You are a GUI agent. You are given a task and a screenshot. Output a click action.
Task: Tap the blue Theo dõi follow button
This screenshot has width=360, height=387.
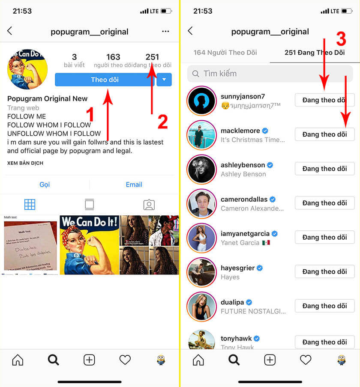pyautogui.click(x=105, y=80)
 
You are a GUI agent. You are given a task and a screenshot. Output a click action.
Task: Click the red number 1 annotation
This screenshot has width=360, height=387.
pyautogui.click(x=90, y=116)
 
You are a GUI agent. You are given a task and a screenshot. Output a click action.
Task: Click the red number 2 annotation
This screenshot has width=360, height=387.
pyautogui.click(x=162, y=122)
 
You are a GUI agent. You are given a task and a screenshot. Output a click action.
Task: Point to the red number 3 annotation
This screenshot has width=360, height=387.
pyautogui.click(x=341, y=39)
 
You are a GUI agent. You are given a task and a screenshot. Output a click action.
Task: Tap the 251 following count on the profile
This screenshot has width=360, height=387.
pyautogui.click(x=152, y=57)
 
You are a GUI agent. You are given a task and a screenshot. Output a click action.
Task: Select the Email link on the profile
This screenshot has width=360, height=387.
pyautogui.click(x=134, y=185)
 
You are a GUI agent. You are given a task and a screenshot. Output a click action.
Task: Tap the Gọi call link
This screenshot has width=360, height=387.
pyautogui.click(x=45, y=185)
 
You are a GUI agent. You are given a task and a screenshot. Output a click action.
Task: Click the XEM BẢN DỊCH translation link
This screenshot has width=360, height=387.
pyautogui.click(x=25, y=163)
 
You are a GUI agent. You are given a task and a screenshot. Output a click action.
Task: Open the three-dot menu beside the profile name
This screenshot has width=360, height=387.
pyautogui.click(x=165, y=31)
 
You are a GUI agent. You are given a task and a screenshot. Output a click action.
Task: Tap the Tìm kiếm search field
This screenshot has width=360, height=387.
pyautogui.click(x=270, y=74)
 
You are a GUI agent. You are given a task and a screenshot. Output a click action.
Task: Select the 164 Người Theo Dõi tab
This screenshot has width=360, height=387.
pyautogui.click(x=225, y=53)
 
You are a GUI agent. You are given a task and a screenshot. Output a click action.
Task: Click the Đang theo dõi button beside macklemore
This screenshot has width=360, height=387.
pyautogui.click(x=324, y=134)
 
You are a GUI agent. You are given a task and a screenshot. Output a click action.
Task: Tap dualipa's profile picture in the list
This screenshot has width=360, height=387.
pyautogui.click(x=201, y=306)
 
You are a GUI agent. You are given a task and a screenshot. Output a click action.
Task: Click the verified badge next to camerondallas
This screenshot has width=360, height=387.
pyautogui.click(x=273, y=199)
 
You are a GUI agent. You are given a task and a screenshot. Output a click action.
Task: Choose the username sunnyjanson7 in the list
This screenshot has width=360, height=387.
pyautogui.click(x=243, y=96)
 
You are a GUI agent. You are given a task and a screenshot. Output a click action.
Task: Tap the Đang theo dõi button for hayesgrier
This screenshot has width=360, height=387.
pyautogui.click(x=324, y=271)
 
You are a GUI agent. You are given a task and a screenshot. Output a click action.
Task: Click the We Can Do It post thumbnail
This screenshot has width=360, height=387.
pyautogui.click(x=89, y=244)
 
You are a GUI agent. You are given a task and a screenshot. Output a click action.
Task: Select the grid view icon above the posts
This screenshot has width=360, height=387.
pyautogui.click(x=30, y=205)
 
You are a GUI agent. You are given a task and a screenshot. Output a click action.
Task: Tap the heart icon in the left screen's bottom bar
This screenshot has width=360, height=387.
pyautogui.click(x=125, y=360)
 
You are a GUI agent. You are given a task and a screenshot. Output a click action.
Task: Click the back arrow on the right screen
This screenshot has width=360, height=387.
pyautogui.click(x=190, y=31)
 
